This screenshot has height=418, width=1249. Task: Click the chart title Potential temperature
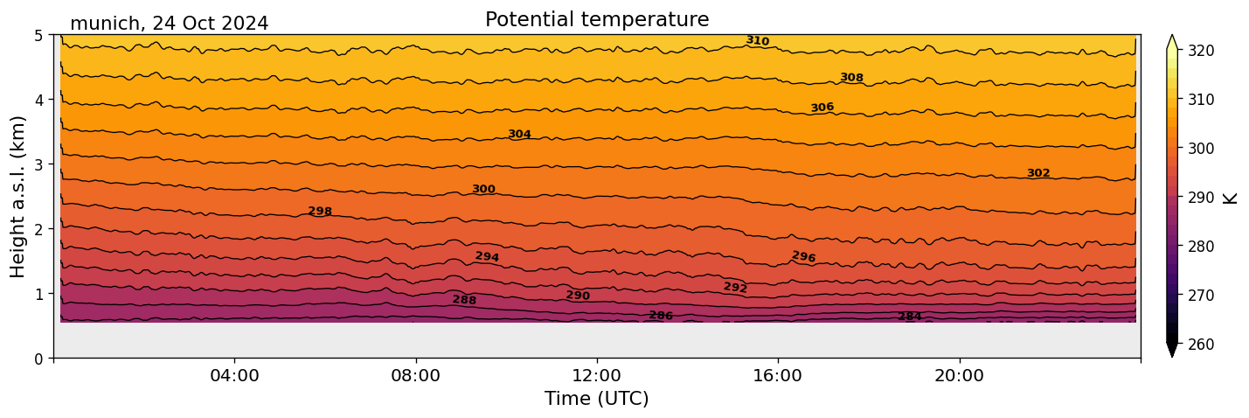tap(597, 19)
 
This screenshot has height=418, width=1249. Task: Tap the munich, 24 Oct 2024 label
tap(169, 24)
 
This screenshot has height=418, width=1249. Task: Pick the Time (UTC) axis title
tap(597, 399)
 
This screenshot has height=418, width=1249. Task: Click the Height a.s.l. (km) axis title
tap(18, 197)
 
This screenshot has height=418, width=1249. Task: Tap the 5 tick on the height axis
tap(38, 36)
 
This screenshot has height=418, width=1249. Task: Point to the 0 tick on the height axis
tap(38, 358)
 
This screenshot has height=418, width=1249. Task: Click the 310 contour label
tap(758, 41)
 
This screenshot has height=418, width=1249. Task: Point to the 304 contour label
tap(519, 135)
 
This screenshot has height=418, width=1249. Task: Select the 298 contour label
tap(320, 212)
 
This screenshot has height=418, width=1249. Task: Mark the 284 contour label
tap(909, 317)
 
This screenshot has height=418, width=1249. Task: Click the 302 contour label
tap(1037, 173)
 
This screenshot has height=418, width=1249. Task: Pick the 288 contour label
tap(464, 300)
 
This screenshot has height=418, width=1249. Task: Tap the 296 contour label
tap(803, 257)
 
